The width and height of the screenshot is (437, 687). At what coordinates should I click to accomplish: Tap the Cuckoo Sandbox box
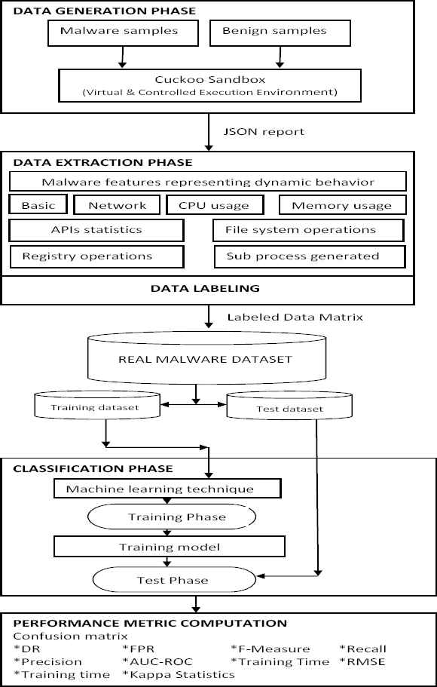(x=210, y=85)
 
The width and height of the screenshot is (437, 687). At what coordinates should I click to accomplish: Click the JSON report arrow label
(x=264, y=131)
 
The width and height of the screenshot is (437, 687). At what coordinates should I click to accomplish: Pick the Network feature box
(x=117, y=205)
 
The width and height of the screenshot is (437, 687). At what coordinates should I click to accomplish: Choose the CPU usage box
(x=215, y=205)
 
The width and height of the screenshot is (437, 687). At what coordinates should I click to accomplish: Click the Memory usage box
(x=342, y=205)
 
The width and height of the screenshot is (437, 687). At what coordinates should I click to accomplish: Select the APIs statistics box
(x=96, y=230)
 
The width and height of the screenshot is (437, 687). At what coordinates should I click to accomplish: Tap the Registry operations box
(x=96, y=256)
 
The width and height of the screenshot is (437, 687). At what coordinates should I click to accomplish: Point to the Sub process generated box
(x=310, y=256)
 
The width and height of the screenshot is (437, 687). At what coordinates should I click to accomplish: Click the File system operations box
(x=308, y=230)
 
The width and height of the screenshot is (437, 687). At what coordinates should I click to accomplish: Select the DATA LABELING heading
(x=205, y=288)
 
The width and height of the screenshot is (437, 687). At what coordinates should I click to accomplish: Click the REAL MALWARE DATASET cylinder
(x=206, y=359)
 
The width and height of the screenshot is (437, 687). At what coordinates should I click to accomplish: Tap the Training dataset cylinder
(x=96, y=405)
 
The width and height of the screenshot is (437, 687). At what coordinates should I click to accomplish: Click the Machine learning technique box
(x=167, y=489)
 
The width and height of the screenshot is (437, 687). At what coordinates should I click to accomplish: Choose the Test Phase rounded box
(x=174, y=580)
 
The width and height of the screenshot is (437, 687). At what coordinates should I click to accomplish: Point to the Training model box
(x=170, y=547)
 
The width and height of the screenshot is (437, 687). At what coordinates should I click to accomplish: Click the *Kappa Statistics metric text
(x=179, y=674)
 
